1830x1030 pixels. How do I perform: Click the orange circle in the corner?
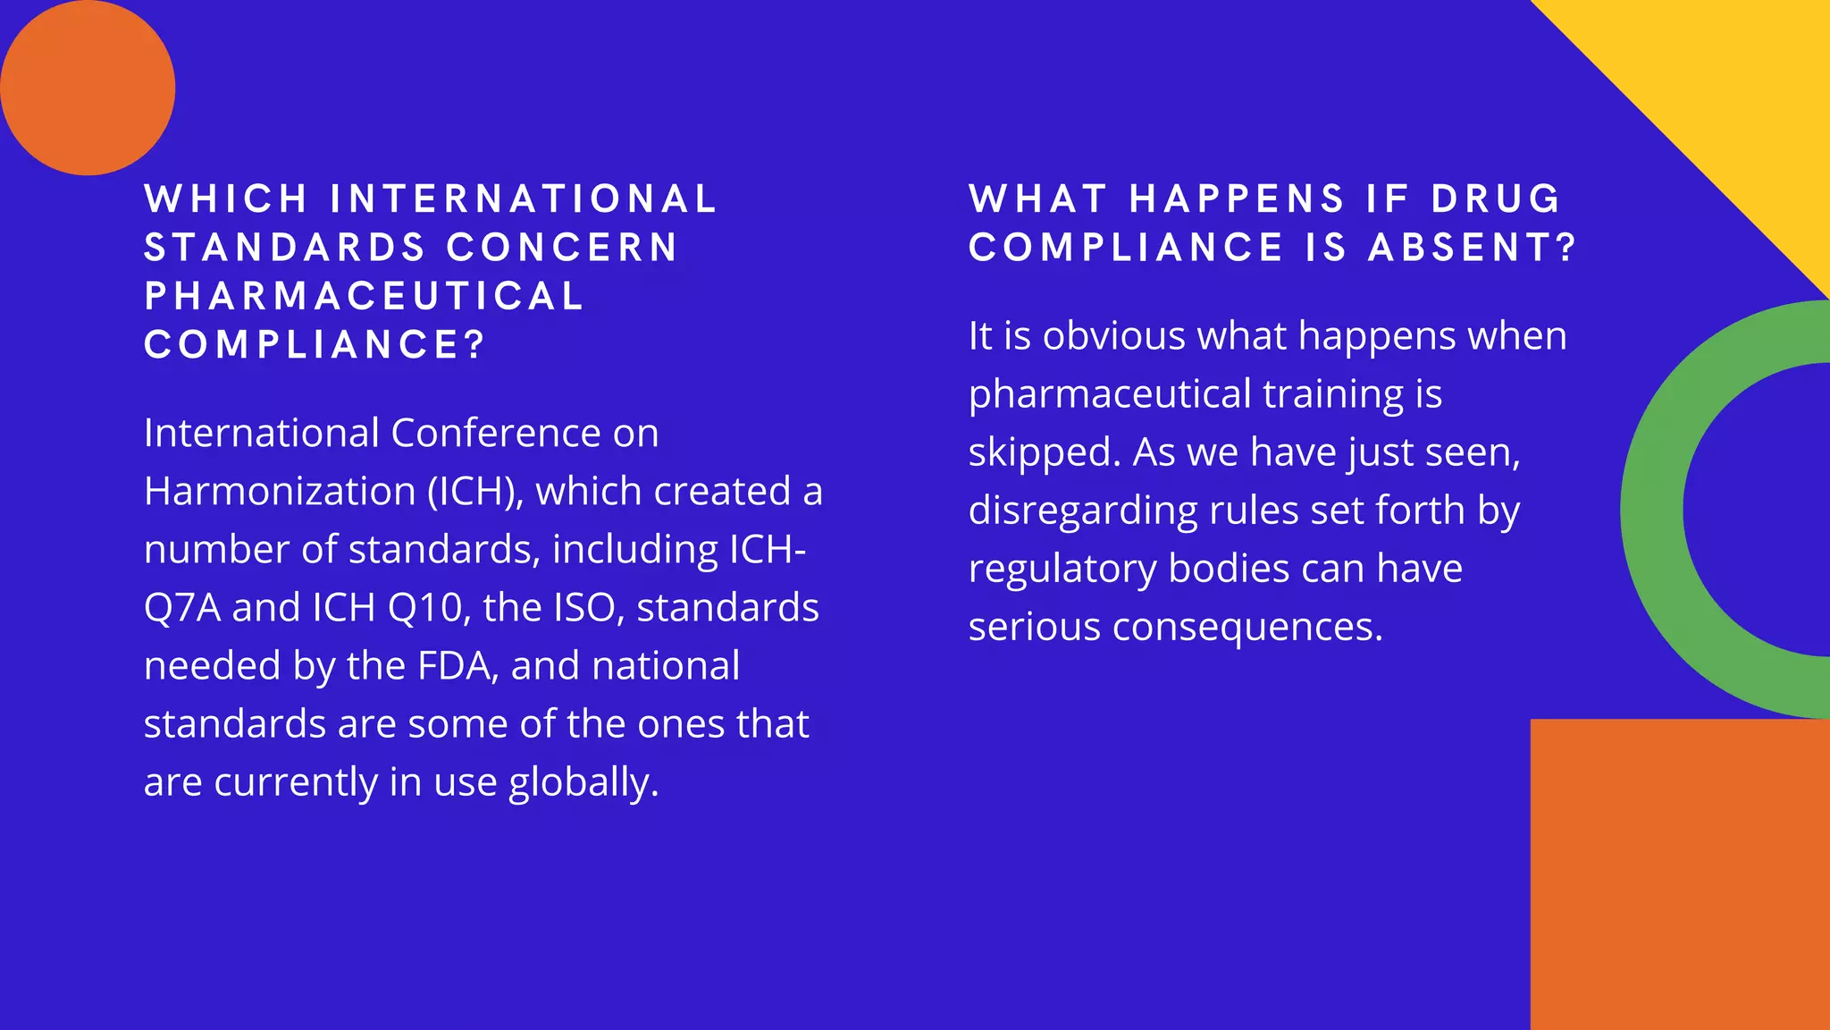87,87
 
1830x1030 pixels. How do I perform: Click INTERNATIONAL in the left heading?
524,199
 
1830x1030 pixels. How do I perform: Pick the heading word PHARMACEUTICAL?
365,297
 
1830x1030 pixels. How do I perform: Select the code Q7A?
182,608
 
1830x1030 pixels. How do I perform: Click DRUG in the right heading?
1496,199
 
